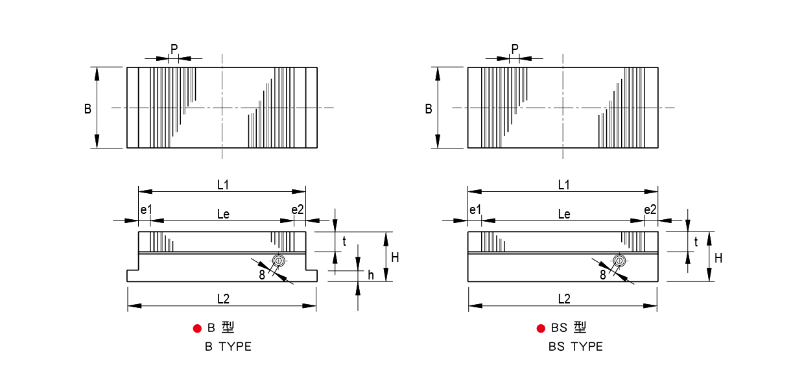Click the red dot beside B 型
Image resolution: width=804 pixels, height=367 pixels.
click(x=197, y=328)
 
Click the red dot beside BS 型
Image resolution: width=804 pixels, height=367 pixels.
click(x=541, y=328)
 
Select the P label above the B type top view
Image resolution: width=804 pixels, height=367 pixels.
click(x=174, y=49)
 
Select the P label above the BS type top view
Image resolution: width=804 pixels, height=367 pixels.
click(x=515, y=49)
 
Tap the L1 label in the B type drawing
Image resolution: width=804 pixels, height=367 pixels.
click(x=223, y=185)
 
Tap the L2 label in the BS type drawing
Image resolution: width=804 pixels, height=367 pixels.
click(x=564, y=299)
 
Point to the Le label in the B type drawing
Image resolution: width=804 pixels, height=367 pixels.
click(x=223, y=215)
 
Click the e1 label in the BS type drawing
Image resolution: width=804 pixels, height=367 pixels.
click(x=475, y=209)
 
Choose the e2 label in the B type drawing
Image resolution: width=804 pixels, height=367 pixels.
click(x=298, y=209)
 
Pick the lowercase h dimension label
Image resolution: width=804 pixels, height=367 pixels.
click(x=371, y=276)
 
